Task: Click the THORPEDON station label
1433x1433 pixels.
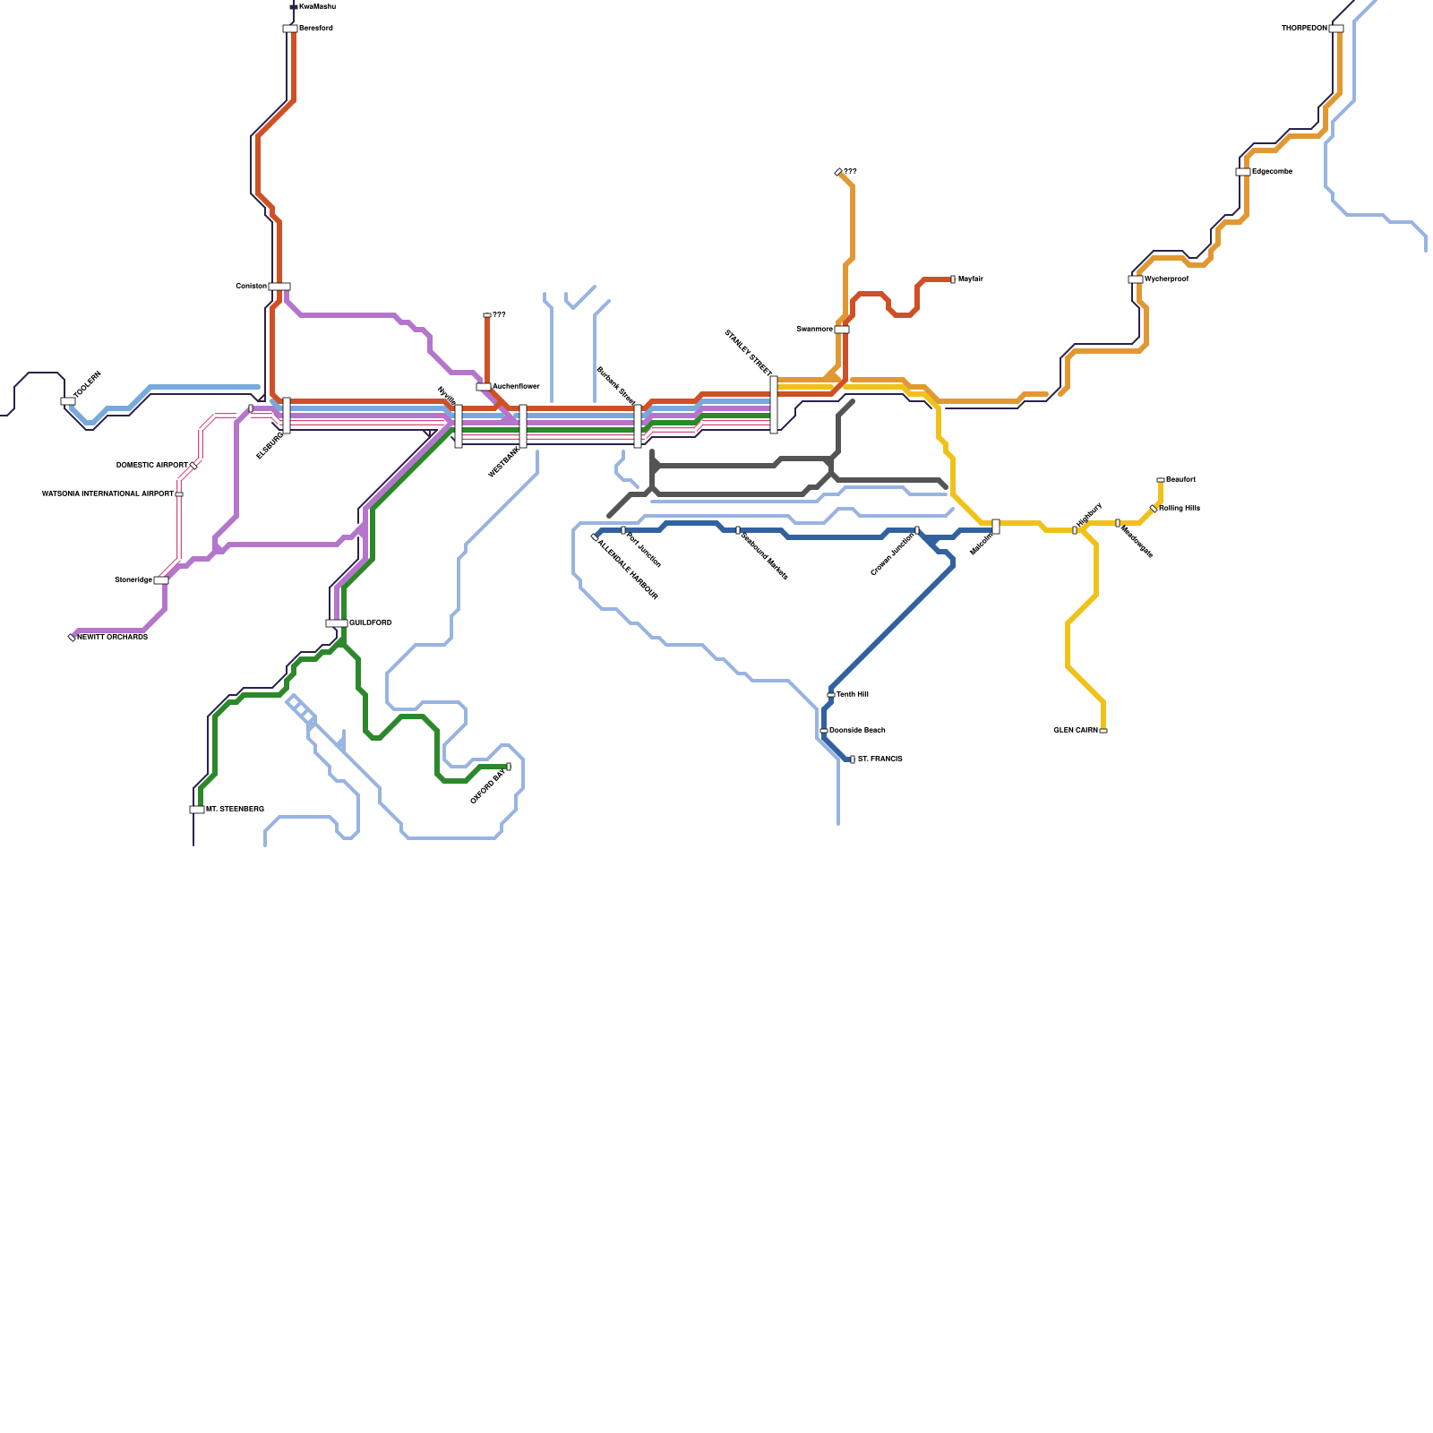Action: point(1304,29)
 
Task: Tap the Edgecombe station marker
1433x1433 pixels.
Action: point(1243,172)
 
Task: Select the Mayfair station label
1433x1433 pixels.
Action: point(970,279)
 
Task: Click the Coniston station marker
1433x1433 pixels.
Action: point(279,287)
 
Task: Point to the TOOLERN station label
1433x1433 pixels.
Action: point(88,385)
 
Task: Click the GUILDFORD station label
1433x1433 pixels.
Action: point(370,623)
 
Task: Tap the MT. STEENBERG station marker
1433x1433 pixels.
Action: point(197,810)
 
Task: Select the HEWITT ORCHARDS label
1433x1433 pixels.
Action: point(112,638)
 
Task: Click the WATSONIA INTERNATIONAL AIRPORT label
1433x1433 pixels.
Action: point(107,494)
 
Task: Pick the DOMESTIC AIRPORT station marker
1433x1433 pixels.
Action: point(193,466)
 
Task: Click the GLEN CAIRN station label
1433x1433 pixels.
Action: point(1076,731)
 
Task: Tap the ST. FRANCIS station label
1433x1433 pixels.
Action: point(880,759)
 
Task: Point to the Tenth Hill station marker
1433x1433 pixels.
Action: point(831,695)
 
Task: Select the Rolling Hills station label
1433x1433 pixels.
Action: point(1179,509)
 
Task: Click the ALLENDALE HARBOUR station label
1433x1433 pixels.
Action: point(628,570)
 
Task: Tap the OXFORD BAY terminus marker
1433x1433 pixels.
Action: point(509,767)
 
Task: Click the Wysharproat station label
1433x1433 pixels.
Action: point(1166,279)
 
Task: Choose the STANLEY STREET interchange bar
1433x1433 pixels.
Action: point(774,405)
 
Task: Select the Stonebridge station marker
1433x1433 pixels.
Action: point(161,580)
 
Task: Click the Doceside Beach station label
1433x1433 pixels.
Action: point(857,731)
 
